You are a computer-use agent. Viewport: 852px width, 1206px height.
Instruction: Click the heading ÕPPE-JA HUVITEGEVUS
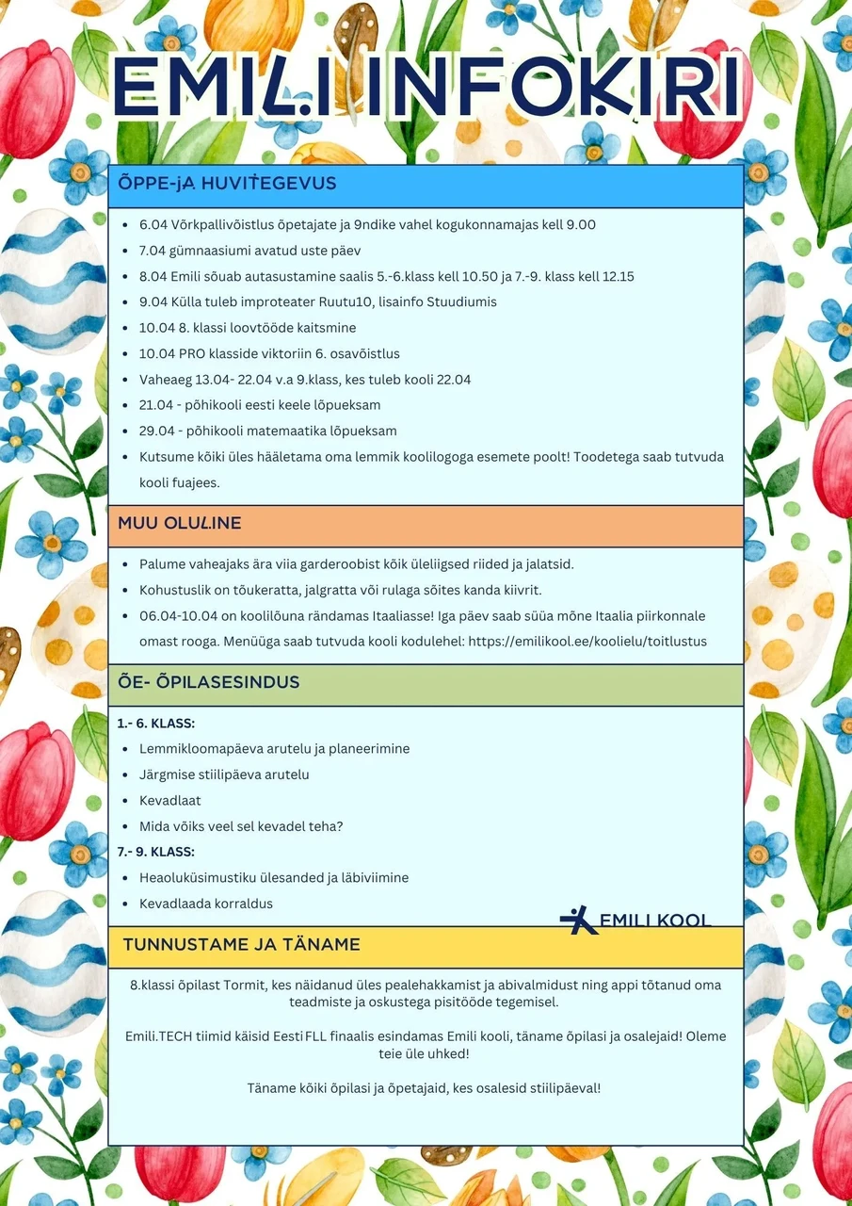pyautogui.click(x=227, y=184)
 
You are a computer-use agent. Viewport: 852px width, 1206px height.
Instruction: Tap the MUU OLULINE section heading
pyautogui.click(x=179, y=523)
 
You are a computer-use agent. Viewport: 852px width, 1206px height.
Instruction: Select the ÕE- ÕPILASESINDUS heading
pyautogui.click(x=208, y=681)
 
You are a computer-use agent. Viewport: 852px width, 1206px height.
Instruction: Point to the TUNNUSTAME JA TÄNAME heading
pyautogui.click(x=241, y=944)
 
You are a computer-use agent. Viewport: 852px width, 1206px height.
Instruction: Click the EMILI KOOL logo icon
pyautogui.click(x=578, y=920)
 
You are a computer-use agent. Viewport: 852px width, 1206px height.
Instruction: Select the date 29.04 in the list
pyautogui.click(x=156, y=431)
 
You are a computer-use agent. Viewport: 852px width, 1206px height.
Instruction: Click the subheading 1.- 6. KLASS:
pyautogui.click(x=155, y=724)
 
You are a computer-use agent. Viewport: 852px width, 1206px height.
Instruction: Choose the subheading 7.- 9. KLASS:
pyautogui.click(x=155, y=852)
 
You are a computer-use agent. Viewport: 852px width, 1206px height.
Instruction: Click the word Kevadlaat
pyautogui.click(x=169, y=801)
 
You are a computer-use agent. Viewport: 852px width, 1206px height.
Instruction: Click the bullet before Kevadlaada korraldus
pyautogui.click(x=127, y=904)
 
